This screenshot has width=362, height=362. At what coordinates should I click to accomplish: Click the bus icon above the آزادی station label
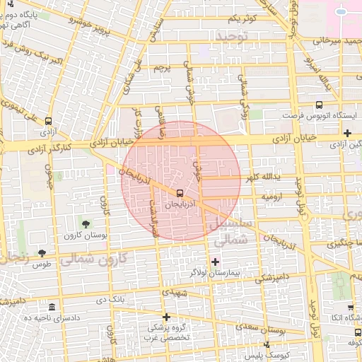(x=48, y=121)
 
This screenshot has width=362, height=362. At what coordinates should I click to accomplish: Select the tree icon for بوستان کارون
(x=86, y=223)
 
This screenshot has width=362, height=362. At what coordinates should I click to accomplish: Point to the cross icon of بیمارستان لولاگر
(x=216, y=262)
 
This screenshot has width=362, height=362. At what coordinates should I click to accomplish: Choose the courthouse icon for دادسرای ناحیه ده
(x=52, y=307)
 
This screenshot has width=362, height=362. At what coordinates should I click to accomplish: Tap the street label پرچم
(x=163, y=69)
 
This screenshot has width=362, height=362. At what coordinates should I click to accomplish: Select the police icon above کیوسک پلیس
(x=267, y=344)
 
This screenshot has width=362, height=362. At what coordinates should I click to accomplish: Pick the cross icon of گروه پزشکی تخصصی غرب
(x=166, y=317)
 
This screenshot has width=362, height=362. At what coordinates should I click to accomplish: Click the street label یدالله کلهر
(x=263, y=177)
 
